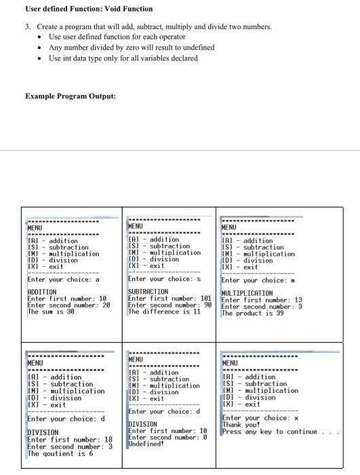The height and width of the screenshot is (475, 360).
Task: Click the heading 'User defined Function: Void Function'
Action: click(x=79, y=9)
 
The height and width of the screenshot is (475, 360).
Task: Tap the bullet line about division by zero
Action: click(x=132, y=47)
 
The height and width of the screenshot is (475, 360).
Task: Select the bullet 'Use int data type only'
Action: click(x=123, y=58)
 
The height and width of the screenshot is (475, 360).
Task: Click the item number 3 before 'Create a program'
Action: click(x=28, y=26)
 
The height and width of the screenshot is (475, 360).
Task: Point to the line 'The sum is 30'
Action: click(x=51, y=311)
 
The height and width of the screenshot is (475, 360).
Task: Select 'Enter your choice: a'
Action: click(x=63, y=279)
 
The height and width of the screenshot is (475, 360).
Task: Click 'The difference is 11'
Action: click(x=164, y=311)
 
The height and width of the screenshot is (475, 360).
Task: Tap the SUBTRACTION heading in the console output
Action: click(x=148, y=291)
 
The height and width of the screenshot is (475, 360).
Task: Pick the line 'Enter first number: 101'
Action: click(x=169, y=298)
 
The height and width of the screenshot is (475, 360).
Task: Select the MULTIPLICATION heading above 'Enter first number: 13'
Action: click(x=247, y=293)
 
